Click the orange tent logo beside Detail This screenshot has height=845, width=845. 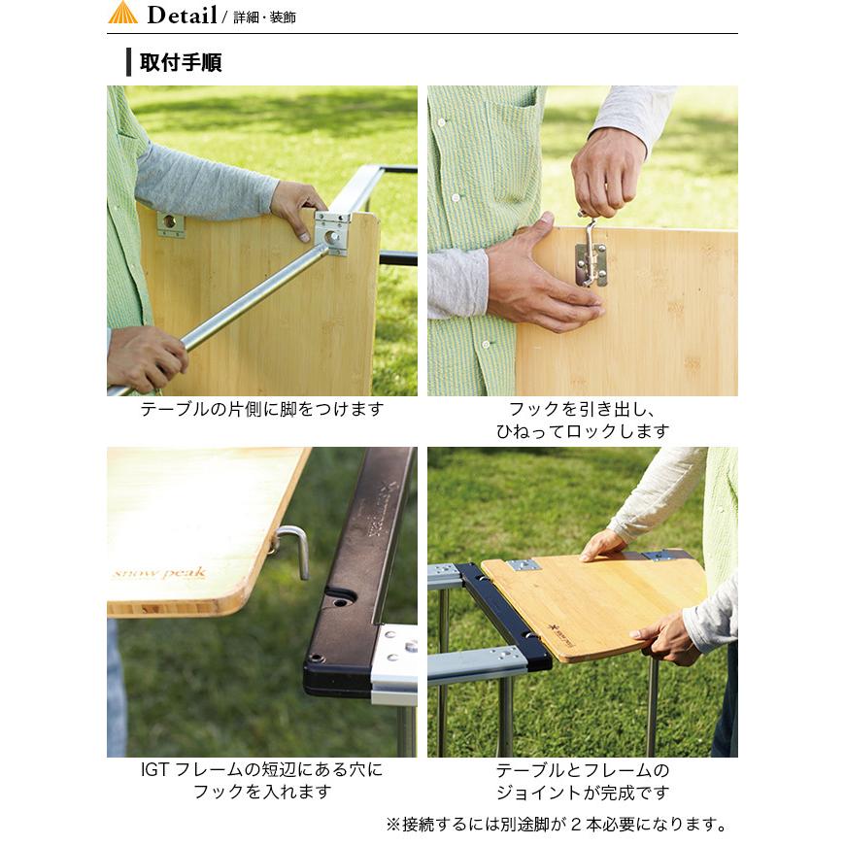tap(122, 14)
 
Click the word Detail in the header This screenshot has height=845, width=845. tap(182, 15)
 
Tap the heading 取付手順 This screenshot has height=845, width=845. tap(181, 64)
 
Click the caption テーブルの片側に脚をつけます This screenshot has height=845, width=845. tap(261, 409)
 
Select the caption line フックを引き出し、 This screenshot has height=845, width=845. tap(582, 409)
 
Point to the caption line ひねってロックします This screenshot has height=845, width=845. tap(582, 431)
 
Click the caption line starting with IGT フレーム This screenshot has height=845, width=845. tap(261, 770)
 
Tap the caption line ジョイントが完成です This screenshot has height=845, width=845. tap(582, 793)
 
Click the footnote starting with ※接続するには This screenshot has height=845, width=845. tap(557, 825)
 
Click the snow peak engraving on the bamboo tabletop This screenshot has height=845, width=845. tap(159, 573)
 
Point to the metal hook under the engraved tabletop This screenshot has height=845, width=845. tap(293, 549)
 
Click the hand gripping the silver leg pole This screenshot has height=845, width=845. tap(146, 356)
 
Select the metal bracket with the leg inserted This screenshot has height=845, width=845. tap(331, 233)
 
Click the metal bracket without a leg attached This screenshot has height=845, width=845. tap(171, 222)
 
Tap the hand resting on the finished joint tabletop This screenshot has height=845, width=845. tap(603, 546)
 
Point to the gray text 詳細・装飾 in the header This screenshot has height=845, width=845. tap(264, 17)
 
